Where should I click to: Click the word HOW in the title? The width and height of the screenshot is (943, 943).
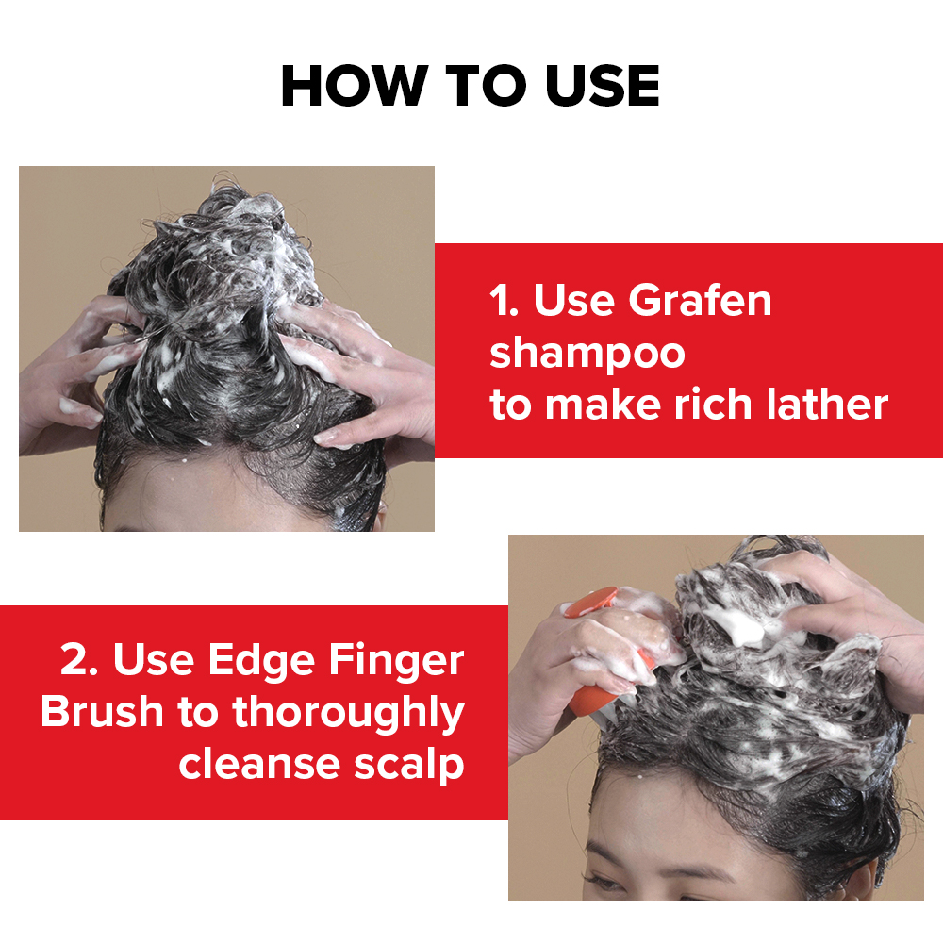355,86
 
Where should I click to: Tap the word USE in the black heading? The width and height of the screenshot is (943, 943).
602,86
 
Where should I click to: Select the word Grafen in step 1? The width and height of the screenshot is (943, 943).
700,300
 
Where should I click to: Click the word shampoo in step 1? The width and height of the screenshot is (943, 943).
587,355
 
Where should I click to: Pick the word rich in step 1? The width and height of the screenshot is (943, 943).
713,405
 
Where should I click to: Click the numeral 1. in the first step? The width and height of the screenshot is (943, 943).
504,300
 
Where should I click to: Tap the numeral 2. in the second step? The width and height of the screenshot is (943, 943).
79,660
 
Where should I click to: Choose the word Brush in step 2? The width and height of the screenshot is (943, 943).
102,712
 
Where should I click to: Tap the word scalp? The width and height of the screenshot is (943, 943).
409,766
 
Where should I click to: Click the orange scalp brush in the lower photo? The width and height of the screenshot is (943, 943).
608,655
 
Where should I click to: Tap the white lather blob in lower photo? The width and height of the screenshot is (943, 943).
743,627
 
